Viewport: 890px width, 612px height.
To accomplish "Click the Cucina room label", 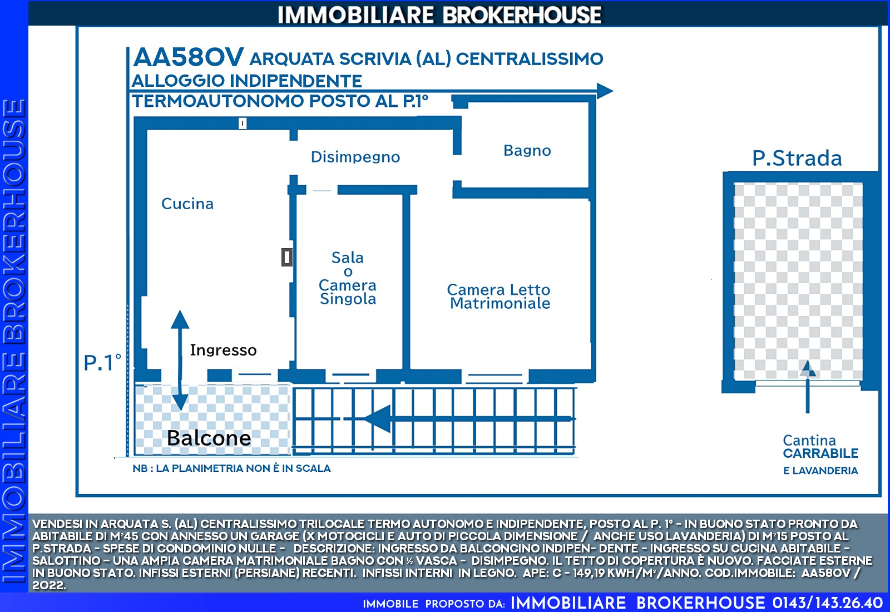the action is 187,204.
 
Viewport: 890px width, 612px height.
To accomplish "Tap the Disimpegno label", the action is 355,157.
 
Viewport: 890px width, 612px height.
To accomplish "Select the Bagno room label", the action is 527,151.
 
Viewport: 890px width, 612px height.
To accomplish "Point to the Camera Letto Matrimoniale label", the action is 499,297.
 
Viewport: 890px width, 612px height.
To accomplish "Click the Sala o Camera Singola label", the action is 348,278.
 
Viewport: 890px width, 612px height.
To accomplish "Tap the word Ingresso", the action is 223,350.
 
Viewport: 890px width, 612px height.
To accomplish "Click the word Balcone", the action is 209,438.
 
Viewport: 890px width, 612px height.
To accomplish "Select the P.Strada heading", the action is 797,159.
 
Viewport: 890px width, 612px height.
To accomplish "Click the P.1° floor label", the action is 102,363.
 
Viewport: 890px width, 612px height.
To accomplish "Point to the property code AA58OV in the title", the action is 189,57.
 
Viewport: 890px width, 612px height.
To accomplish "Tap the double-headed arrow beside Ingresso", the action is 180,361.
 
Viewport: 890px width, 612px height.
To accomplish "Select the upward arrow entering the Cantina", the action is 807,387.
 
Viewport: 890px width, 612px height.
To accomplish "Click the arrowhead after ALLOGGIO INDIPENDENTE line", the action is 605,91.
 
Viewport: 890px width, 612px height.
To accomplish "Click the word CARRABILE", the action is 820,453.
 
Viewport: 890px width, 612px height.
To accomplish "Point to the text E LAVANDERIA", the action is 820,471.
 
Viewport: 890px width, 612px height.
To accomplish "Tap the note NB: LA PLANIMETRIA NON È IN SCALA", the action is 231,468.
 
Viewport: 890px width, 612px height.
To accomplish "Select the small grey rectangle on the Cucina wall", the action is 287,257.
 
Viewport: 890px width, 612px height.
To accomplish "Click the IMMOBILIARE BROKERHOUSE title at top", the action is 439,15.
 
